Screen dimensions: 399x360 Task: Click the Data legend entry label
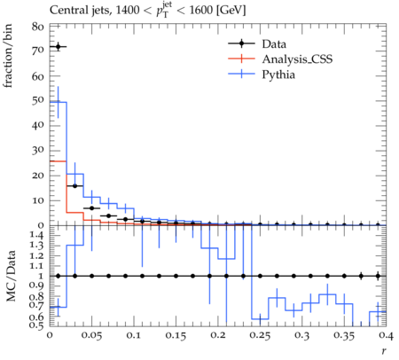tap(274, 44)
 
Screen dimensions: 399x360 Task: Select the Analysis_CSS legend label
tap(297, 59)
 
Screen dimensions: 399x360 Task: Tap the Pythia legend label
tap(278, 74)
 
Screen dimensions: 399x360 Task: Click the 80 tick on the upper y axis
tap(38, 27)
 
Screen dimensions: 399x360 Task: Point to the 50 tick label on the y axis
tap(38, 100)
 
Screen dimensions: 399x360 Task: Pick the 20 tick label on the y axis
tap(38, 175)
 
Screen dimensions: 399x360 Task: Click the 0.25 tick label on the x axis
tap(260, 335)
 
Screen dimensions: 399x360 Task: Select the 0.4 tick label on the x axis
tap(386, 335)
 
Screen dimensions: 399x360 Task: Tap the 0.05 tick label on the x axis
tap(91, 335)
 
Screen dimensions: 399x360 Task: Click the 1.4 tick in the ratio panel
tap(37, 235)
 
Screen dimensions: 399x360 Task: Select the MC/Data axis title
tap(11, 276)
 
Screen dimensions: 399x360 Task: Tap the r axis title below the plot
tap(384, 351)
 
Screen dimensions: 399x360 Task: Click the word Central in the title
tap(65, 11)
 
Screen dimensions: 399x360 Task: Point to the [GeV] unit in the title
tap(231, 11)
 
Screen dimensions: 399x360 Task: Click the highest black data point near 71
tap(58, 47)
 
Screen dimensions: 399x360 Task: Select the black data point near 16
tap(74, 186)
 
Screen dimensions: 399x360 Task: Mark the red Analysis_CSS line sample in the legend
tap(241, 59)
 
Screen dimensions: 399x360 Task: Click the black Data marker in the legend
tap(241, 43)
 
